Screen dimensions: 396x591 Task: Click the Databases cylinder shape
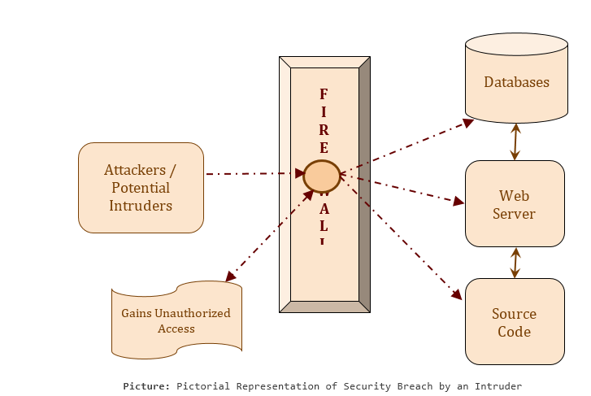point(516,81)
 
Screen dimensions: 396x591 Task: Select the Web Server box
point(515,204)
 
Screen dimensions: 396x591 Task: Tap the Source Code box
point(515,322)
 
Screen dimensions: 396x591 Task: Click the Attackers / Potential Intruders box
point(141,188)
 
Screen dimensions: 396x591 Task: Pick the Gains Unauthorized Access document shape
point(176,320)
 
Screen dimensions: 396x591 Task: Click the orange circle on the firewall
point(322,176)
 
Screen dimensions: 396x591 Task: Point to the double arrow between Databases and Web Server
point(515,141)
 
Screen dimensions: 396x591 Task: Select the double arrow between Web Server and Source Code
point(515,263)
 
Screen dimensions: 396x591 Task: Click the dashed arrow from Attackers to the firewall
point(252,173)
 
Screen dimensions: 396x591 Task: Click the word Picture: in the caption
point(146,386)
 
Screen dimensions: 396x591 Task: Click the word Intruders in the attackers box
point(141,206)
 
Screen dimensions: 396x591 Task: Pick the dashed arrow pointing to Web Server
point(402,187)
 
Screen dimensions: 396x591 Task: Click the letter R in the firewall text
point(324,129)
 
